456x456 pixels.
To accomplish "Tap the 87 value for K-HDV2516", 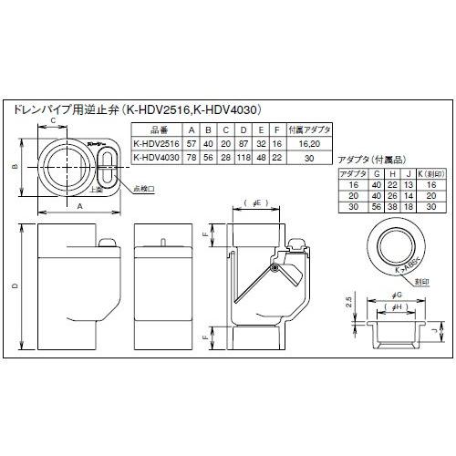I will tap(244, 144).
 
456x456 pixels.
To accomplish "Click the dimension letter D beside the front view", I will tap(15, 288).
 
